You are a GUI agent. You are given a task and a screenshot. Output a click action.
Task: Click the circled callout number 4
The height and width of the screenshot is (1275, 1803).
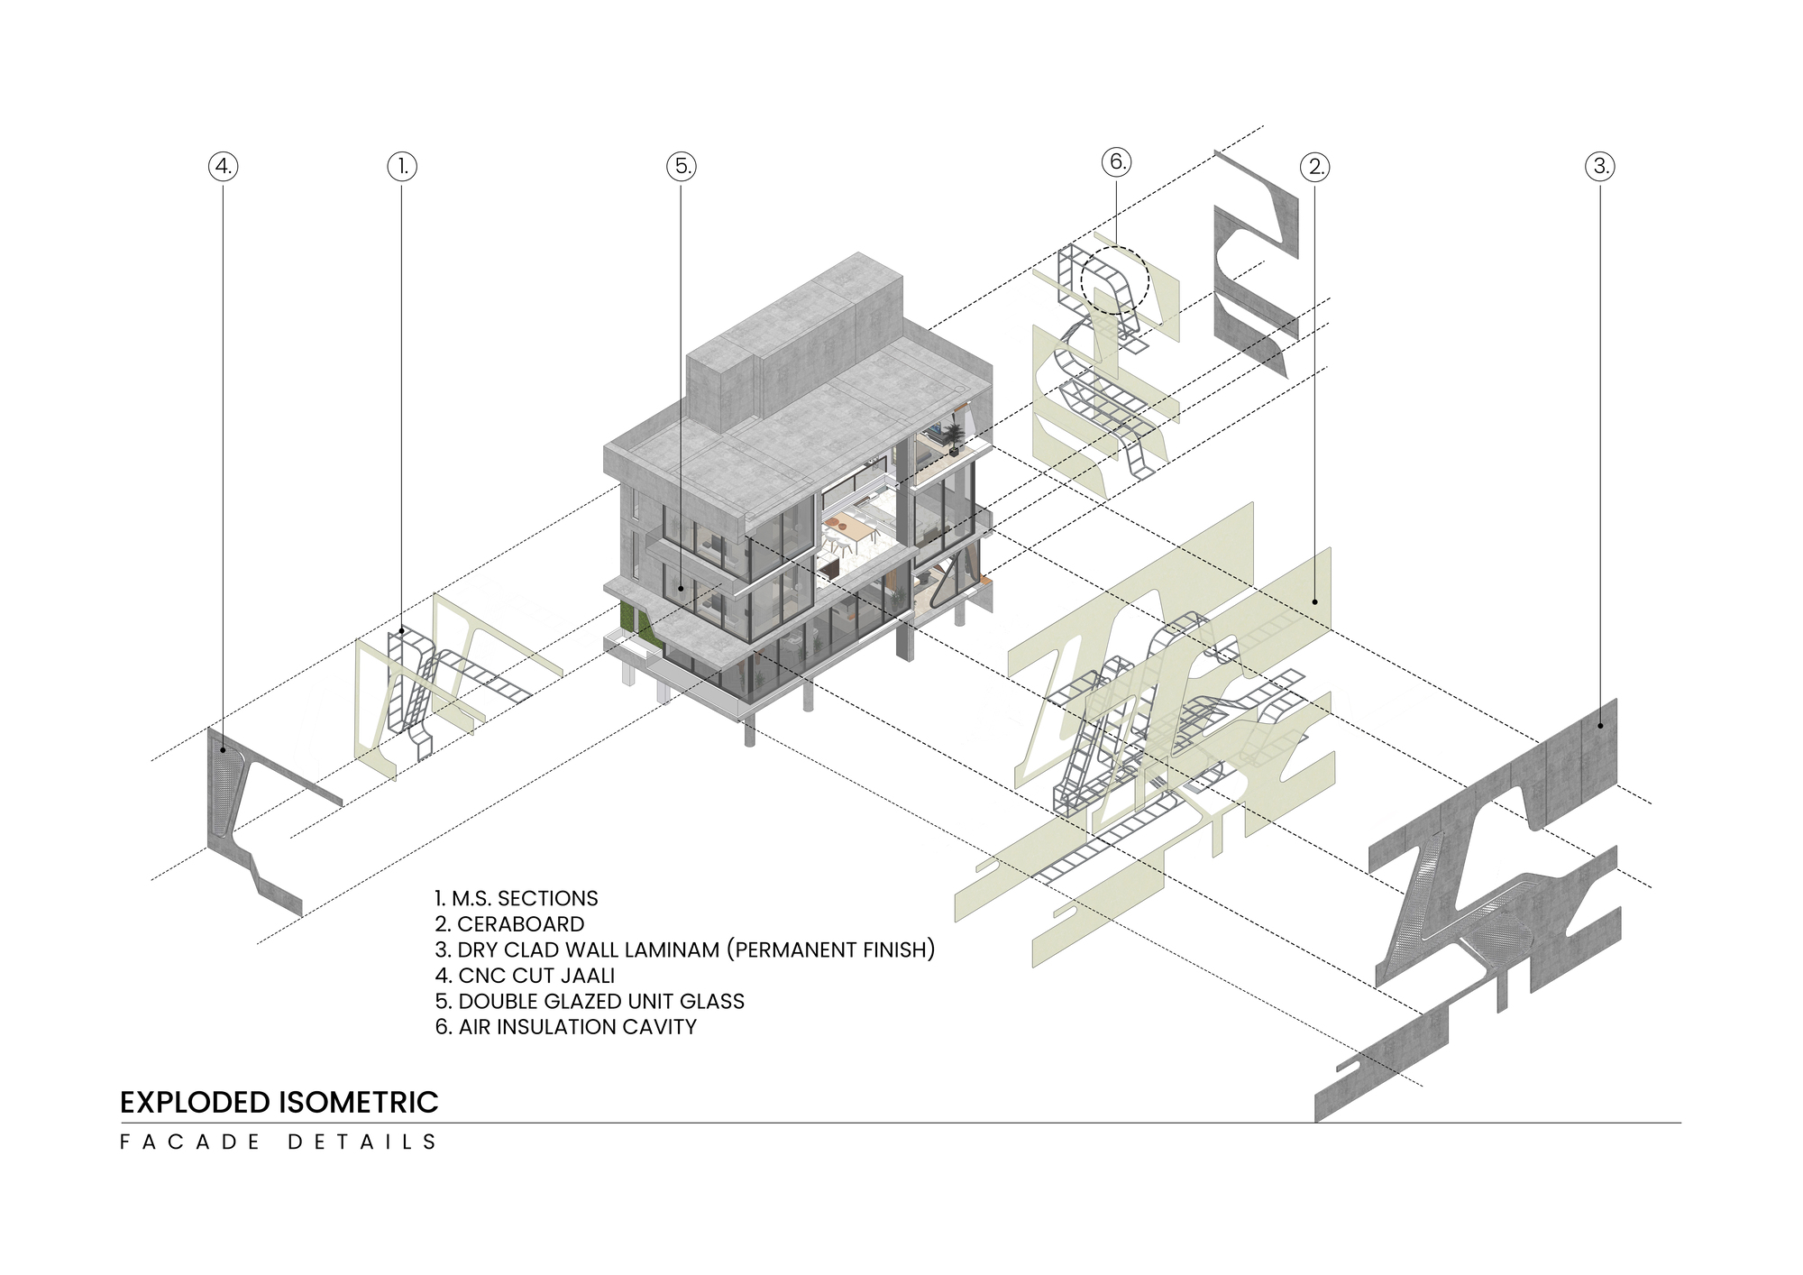tap(224, 166)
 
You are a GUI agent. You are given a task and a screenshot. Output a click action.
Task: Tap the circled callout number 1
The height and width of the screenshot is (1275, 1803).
tap(402, 166)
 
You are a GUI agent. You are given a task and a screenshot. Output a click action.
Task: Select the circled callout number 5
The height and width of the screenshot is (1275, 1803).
tap(682, 166)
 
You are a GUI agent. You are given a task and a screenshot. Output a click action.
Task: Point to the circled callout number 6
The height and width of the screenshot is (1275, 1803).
tap(1116, 162)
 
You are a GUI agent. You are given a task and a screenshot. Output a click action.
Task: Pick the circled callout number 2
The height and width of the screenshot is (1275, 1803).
tap(1315, 166)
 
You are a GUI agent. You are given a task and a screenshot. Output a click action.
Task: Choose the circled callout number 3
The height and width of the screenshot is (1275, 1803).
tap(1600, 166)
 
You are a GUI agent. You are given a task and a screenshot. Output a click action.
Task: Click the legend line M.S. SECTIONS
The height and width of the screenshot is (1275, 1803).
tap(516, 899)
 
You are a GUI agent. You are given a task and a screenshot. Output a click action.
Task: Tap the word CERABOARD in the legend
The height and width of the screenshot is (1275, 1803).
tap(520, 924)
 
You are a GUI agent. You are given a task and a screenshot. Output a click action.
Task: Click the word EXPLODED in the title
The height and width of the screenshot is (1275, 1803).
tap(196, 1102)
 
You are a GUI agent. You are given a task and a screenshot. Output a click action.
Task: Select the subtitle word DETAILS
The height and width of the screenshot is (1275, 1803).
tap(362, 1142)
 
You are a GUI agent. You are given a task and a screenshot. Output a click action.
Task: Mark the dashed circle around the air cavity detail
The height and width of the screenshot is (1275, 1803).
tap(1115, 280)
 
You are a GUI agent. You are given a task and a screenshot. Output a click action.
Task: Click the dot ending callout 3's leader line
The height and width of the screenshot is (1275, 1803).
tap(1600, 725)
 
